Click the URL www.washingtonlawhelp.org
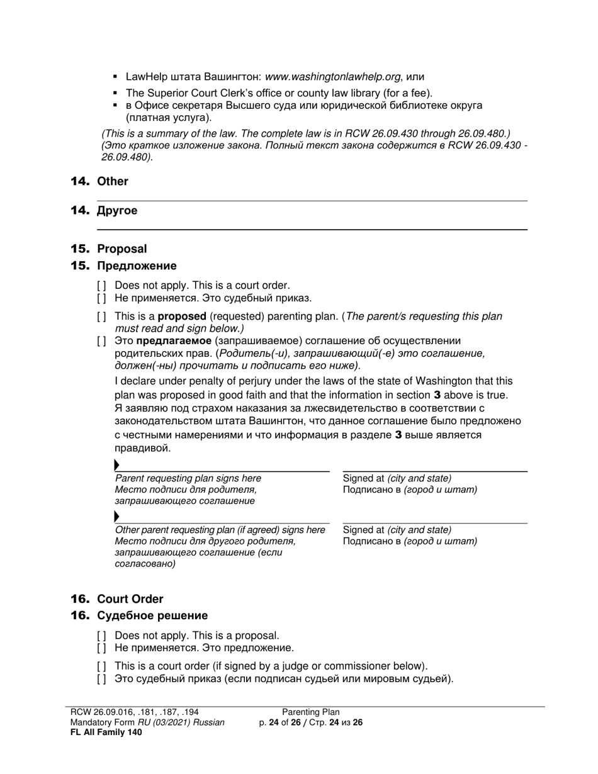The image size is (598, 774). [x=333, y=77]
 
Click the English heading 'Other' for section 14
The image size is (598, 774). [x=113, y=181]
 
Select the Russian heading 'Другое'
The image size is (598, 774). [x=117, y=211]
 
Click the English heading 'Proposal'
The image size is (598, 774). [x=121, y=249]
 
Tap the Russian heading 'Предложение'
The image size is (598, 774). [x=137, y=266]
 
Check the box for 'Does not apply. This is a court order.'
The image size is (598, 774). [x=101, y=286]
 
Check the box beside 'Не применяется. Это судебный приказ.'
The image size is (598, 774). [x=101, y=298]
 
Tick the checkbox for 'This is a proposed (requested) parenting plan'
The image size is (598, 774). [x=101, y=317]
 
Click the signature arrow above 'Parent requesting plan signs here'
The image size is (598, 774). [x=117, y=465]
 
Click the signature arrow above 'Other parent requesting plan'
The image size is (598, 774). [x=117, y=517]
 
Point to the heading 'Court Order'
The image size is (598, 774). [x=130, y=599]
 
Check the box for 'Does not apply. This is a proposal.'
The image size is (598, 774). [x=101, y=636]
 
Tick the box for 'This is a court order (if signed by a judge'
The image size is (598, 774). [x=101, y=666]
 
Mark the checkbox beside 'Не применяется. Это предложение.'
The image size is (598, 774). [x=101, y=648]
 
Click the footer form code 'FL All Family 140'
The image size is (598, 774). [x=106, y=732]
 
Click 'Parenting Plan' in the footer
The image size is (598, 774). [x=310, y=712]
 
